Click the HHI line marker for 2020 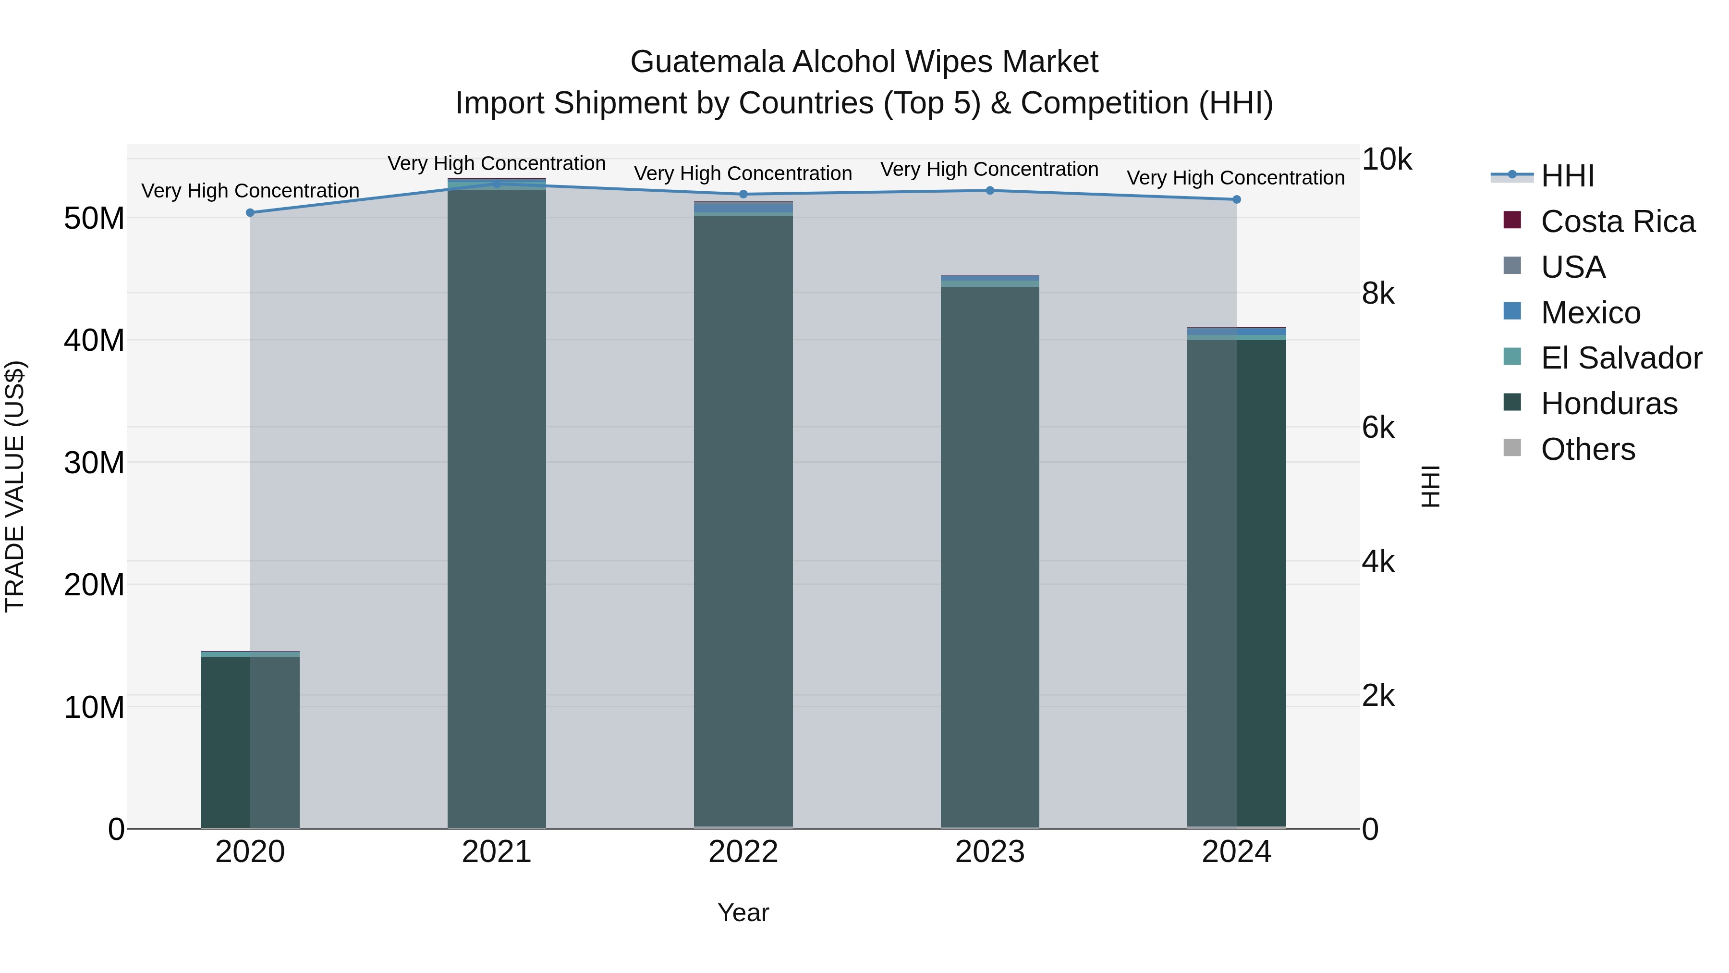[250, 213]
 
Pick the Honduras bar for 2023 [990, 557]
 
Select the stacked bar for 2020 [250, 739]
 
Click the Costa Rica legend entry [1618, 222]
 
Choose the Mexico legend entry [1590, 313]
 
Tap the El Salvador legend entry [1621, 358]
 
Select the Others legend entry [1587, 449]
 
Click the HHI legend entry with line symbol [1567, 176]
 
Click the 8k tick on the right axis [1378, 294]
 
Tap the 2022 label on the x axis [743, 852]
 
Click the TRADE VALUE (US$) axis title [15, 486]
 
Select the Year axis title [743, 912]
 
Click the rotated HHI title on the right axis [1431, 486]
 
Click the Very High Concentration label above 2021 [497, 163]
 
